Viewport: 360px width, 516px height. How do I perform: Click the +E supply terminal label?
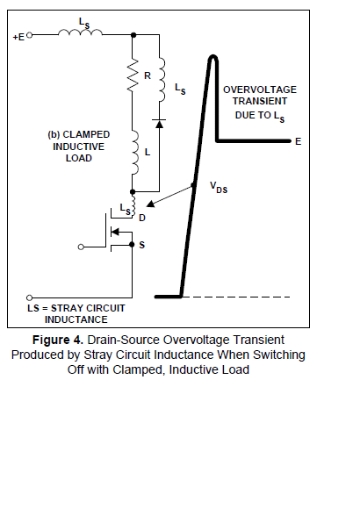click(18, 37)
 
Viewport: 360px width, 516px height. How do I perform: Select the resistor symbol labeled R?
click(133, 75)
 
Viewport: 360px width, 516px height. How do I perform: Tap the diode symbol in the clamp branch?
click(160, 124)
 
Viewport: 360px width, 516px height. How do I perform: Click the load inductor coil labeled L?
click(134, 152)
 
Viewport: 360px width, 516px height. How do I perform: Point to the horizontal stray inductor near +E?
click(80, 32)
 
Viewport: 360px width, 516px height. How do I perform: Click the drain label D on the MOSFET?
click(142, 218)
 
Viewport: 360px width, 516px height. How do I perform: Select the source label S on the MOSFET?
click(142, 245)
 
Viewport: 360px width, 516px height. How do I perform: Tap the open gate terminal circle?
click(81, 247)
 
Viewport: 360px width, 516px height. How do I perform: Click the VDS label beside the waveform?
click(219, 187)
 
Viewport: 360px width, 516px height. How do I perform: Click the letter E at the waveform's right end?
click(298, 141)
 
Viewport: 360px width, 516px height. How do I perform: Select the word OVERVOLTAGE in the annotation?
click(260, 90)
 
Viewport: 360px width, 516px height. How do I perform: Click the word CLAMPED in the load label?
click(86, 134)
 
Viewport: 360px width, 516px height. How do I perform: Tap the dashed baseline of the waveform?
click(236, 297)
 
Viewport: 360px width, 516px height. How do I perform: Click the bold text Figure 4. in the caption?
click(58, 340)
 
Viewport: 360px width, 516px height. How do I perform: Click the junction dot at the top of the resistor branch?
click(133, 34)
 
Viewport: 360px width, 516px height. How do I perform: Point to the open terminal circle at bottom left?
click(29, 297)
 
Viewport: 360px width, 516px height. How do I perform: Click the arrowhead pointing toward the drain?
click(150, 204)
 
